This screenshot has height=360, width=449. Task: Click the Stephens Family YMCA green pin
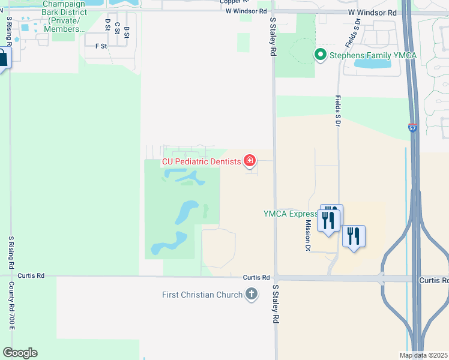pyautogui.click(x=321, y=56)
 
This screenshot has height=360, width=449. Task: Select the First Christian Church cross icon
pyautogui.click(x=252, y=295)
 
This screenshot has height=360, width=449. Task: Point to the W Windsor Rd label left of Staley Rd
pyautogui.click(x=246, y=11)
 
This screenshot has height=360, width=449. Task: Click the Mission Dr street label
pyautogui.click(x=308, y=235)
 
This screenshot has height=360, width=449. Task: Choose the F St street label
pyautogui.click(x=101, y=46)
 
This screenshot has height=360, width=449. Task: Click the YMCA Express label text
pyautogui.click(x=291, y=214)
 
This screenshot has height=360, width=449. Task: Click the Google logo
pyautogui.click(x=20, y=353)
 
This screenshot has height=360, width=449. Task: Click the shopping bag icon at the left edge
pyautogui.click(x=2, y=59)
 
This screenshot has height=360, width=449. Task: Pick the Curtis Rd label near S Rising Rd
pyautogui.click(x=31, y=276)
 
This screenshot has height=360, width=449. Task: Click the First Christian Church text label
pyautogui.click(x=202, y=295)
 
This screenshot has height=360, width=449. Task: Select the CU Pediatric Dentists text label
pyautogui.click(x=200, y=161)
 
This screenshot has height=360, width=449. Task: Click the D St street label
pyautogui.click(x=107, y=25)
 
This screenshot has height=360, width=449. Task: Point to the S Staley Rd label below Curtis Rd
pyautogui.click(x=276, y=304)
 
